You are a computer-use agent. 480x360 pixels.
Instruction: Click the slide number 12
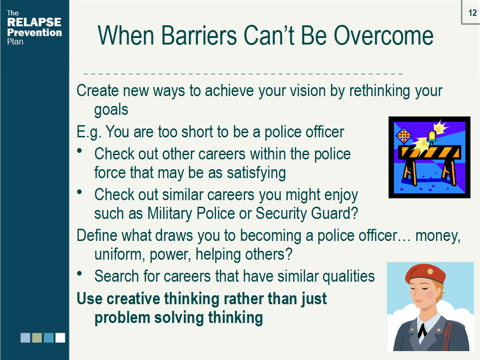[x=472, y=13]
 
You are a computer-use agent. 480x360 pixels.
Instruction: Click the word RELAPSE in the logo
[x=34, y=22]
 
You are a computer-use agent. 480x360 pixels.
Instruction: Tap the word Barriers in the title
[x=199, y=36]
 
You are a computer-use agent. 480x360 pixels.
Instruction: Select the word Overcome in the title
[x=383, y=36]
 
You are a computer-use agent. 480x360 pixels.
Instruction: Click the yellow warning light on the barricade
[x=432, y=137]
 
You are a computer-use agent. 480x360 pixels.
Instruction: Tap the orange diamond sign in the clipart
[x=404, y=135]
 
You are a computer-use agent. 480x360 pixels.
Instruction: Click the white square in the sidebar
[x=60, y=337]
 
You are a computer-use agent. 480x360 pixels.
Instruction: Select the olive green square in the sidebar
[x=37, y=337]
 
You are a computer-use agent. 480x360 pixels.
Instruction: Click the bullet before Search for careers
[x=80, y=273]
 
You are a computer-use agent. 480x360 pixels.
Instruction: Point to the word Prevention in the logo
[x=35, y=32]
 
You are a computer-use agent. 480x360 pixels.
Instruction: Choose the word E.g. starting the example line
[x=89, y=132]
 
